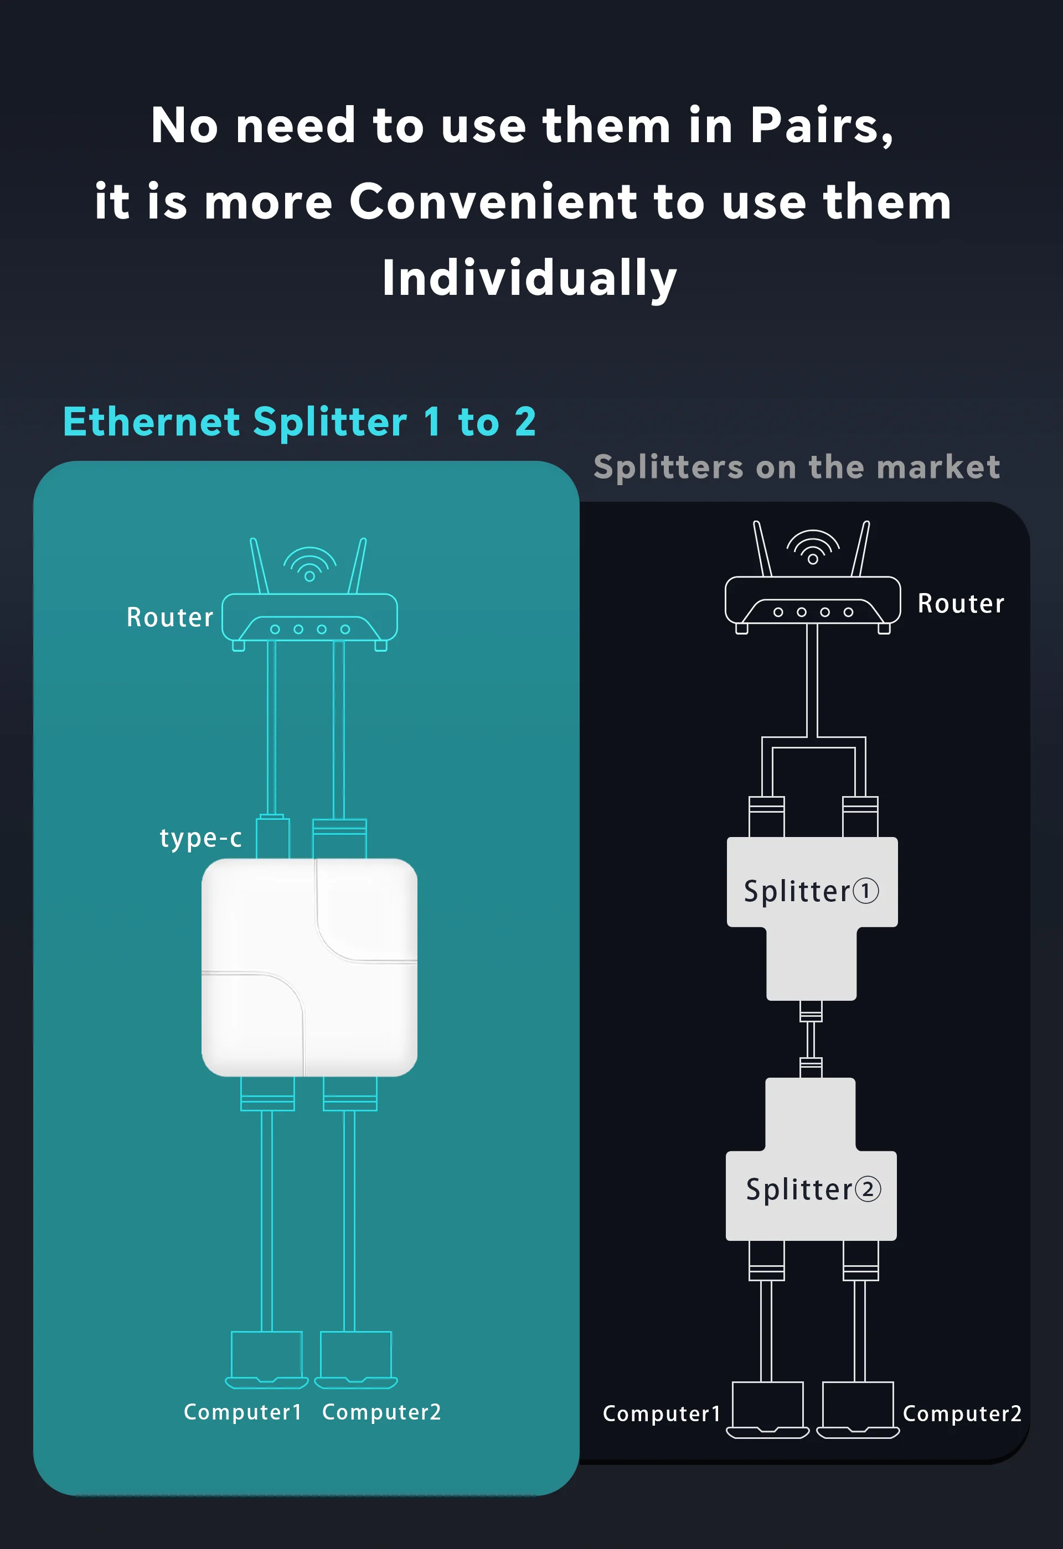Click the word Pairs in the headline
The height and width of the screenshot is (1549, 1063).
(821, 126)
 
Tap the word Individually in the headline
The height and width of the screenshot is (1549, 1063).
(529, 278)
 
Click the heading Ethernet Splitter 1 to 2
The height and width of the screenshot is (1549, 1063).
(300, 422)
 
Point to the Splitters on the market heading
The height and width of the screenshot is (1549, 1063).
(796, 466)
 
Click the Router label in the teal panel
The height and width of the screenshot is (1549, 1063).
(170, 617)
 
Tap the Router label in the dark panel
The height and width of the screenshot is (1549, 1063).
(961, 603)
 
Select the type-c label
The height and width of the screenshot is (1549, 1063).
(200, 837)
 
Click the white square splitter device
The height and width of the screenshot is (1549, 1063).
(309, 966)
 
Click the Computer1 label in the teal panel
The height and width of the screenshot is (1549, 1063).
(242, 1412)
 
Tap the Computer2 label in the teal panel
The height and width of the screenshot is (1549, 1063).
(381, 1412)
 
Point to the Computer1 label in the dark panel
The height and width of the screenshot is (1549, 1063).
(662, 1413)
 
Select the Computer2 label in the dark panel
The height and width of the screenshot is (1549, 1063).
(962, 1413)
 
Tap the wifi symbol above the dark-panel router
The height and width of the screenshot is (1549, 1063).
(812, 547)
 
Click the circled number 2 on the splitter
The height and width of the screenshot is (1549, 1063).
(868, 1189)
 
